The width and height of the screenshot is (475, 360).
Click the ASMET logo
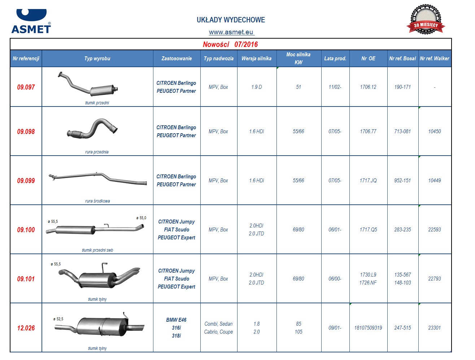[x=31, y=21]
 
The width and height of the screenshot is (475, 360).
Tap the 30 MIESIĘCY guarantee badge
[x=426, y=19]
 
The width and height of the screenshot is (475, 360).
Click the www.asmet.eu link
[x=231, y=32]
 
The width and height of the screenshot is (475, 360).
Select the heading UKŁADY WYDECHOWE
[x=231, y=20]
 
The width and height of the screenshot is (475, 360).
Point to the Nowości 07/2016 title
[x=230, y=44]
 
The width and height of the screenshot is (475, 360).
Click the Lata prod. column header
[x=335, y=58]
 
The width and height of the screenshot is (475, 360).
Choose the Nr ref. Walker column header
[x=434, y=58]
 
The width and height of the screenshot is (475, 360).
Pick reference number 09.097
[x=26, y=87]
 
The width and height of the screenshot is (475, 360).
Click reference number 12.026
[x=26, y=328]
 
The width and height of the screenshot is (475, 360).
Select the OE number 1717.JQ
[x=368, y=181]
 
